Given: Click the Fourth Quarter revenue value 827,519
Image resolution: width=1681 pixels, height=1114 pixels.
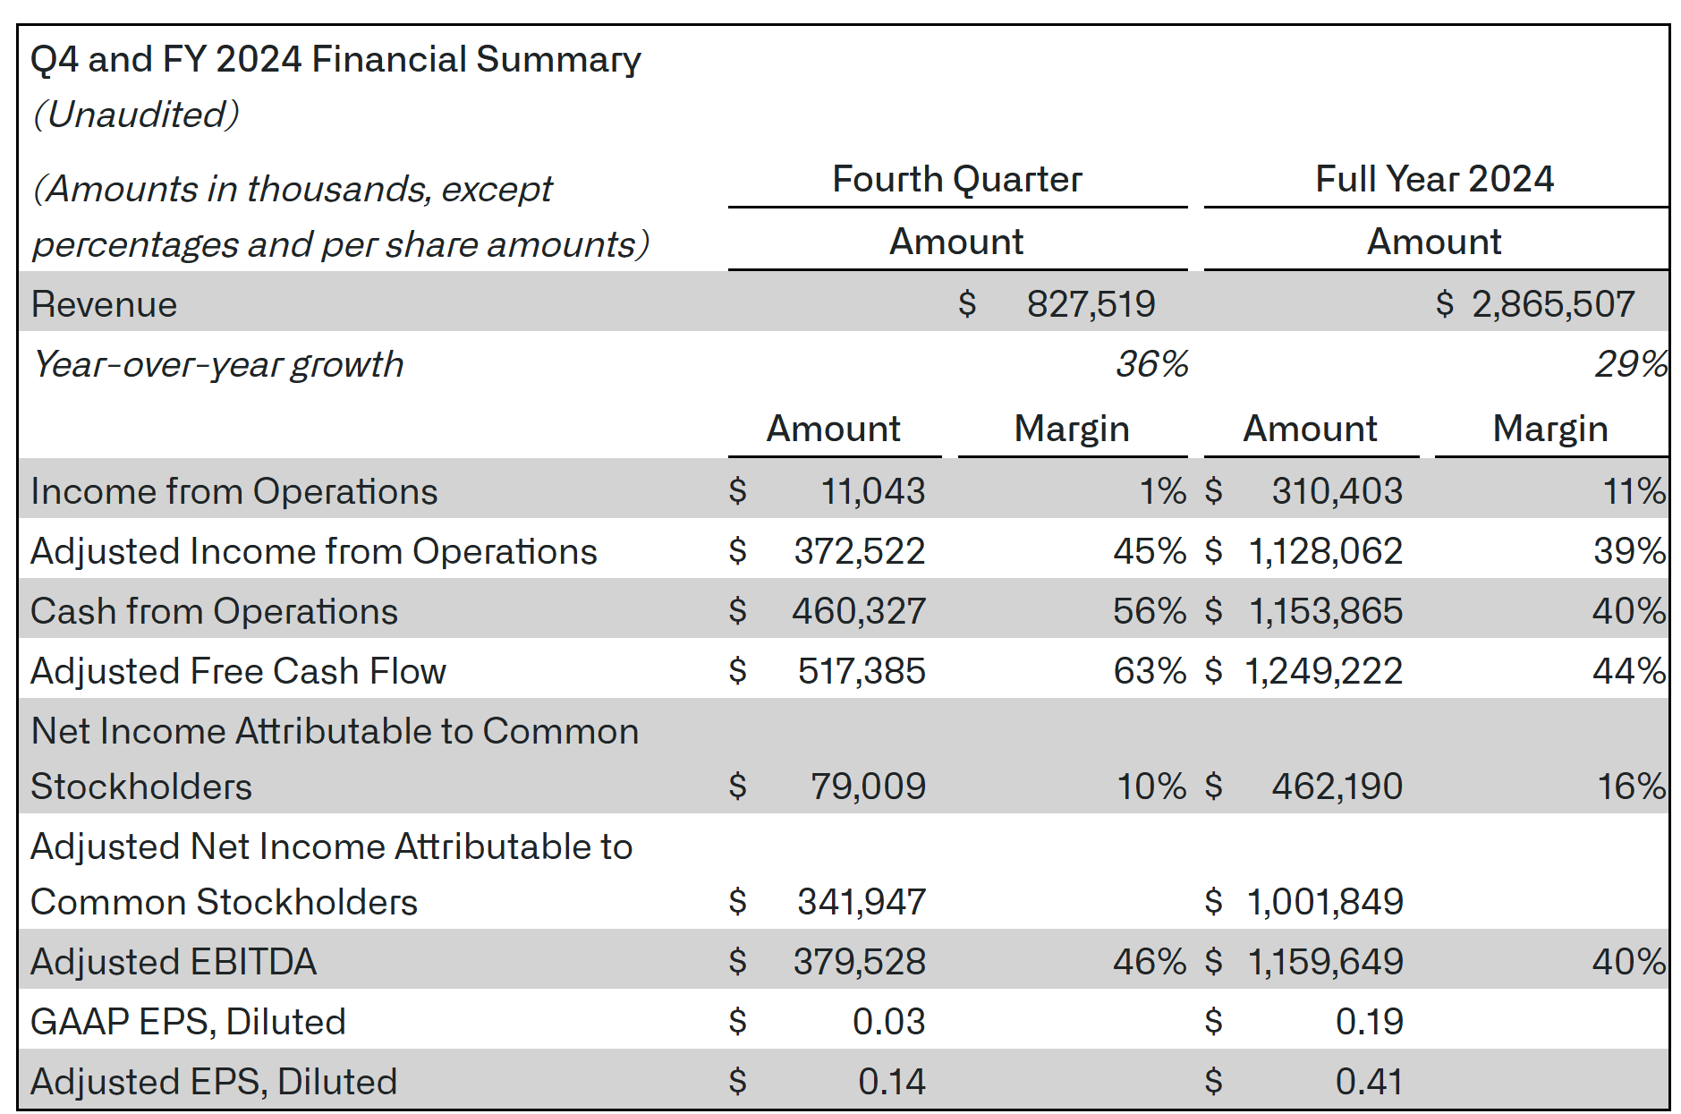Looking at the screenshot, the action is (1091, 304).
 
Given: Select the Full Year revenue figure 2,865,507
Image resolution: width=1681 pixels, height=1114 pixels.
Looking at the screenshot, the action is (1553, 304).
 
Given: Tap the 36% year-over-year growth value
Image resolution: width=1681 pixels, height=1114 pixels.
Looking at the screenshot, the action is (1151, 364).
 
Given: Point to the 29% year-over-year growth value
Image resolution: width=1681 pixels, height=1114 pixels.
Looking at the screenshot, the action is (1631, 364).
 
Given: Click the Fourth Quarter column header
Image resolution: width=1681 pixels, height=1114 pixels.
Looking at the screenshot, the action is (957, 179).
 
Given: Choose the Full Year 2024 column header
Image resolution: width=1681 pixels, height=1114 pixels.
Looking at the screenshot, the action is (1435, 179).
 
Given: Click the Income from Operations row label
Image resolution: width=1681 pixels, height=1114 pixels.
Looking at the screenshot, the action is (234, 491).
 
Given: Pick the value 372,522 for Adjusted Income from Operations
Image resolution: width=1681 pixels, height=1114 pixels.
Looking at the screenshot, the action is (860, 551).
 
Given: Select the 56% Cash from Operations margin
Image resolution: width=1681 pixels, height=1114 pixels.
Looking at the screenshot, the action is (1150, 611).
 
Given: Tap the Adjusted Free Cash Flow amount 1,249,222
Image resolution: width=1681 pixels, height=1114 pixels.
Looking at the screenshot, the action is (1324, 671).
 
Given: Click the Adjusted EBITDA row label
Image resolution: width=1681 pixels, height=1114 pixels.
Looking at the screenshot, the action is (174, 962).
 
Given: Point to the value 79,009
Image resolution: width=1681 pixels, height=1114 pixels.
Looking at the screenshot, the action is (868, 787).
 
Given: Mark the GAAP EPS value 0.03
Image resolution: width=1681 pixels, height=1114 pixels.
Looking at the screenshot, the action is (888, 1022).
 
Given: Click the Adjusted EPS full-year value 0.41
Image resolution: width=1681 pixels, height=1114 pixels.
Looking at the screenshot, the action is (1369, 1082).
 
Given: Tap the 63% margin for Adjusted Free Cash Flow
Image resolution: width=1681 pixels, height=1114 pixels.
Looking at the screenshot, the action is (1150, 671).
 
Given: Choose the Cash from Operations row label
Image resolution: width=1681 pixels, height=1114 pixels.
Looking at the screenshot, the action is (215, 611).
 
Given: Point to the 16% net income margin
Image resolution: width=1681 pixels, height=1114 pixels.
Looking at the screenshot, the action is (1632, 787).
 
